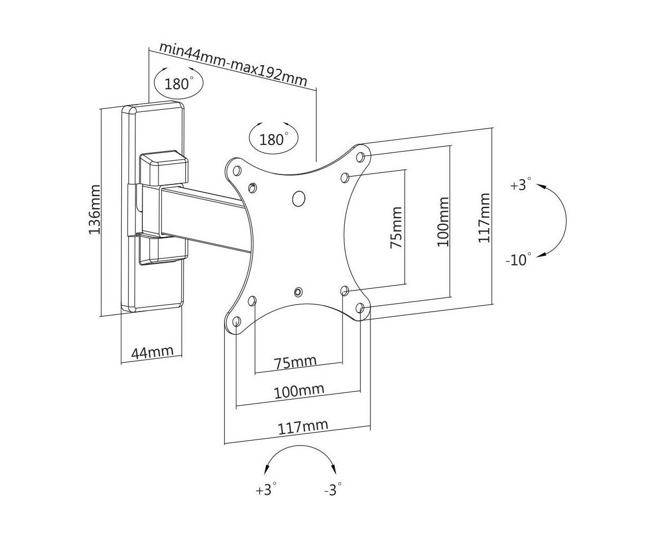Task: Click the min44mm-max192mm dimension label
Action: tap(234, 65)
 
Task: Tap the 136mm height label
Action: tap(94, 209)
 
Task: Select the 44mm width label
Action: tap(152, 352)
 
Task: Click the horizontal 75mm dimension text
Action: tap(295, 362)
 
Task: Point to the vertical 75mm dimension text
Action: tap(396, 227)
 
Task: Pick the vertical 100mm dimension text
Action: tap(443, 222)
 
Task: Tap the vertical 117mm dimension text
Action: tap(484, 218)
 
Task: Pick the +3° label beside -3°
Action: tap(266, 490)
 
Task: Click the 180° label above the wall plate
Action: tap(177, 84)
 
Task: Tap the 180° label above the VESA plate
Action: tap(272, 139)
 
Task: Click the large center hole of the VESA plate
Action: tap(299, 199)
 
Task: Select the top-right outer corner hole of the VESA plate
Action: tap(360, 157)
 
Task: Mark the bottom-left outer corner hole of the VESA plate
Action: tap(237, 322)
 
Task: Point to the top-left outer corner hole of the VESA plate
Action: tap(237, 171)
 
